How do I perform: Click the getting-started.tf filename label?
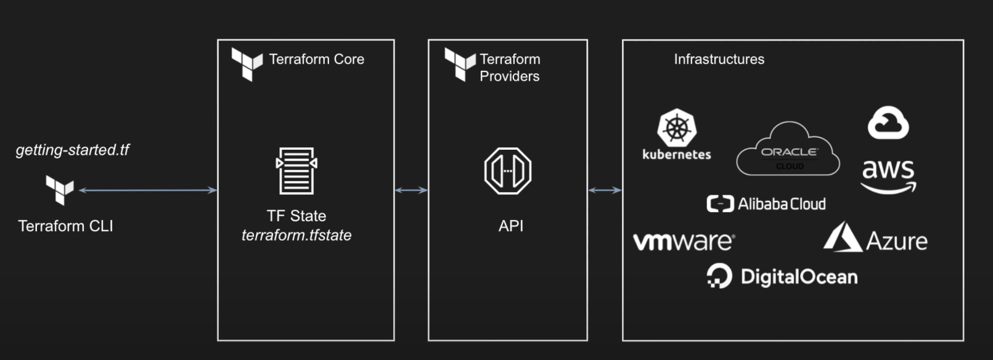pos(72,150)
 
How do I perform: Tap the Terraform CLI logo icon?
pos(60,189)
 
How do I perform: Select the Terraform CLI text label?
pos(65,226)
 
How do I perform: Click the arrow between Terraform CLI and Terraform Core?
pos(148,190)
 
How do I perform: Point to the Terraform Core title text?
pos(316,59)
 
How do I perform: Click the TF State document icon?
pos(296,171)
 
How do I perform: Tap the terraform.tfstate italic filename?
pos(296,235)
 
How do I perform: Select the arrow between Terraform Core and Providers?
pos(411,190)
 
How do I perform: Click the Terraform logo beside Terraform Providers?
pos(460,65)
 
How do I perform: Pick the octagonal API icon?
pos(508,171)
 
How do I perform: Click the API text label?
pos(510,226)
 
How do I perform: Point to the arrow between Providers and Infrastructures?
pos(605,190)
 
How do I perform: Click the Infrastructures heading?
pos(719,59)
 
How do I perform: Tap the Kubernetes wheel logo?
pos(677,128)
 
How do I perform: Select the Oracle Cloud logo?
pos(788,150)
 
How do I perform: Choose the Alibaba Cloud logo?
pos(766,204)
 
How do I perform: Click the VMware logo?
pos(684,241)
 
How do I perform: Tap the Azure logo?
pos(875,239)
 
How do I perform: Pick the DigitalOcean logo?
pos(782,277)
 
